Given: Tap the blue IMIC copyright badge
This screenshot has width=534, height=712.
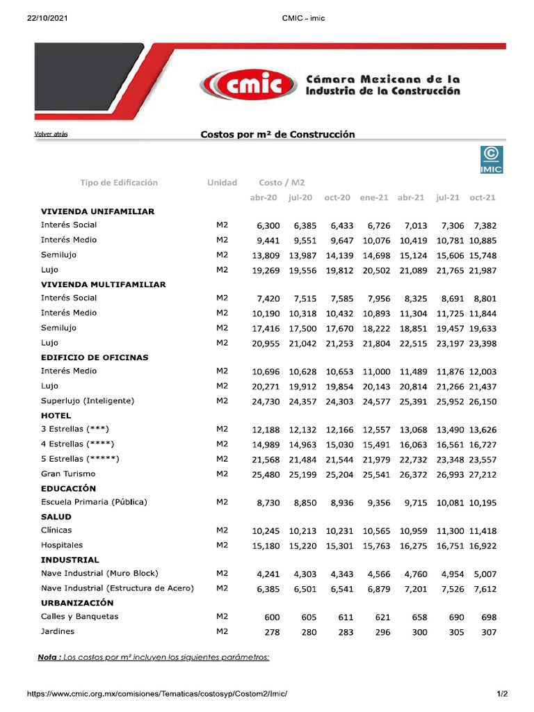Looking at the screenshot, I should (x=492, y=159).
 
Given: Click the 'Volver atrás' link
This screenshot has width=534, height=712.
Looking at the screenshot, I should (x=51, y=133).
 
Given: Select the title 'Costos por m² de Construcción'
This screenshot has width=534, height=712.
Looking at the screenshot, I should (x=277, y=134).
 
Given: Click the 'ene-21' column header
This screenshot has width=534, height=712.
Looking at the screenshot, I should (x=374, y=197).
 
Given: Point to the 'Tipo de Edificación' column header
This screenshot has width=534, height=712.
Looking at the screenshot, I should (x=119, y=183).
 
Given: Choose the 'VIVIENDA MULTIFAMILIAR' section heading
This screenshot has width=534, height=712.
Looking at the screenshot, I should (x=103, y=284).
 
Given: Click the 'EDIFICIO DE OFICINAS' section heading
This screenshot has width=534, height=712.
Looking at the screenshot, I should (x=95, y=357).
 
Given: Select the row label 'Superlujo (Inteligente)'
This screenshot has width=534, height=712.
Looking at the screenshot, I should (x=88, y=400).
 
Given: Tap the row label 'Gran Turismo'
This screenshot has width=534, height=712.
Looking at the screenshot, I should (x=68, y=474).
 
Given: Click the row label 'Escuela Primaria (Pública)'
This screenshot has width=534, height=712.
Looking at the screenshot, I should (x=94, y=502).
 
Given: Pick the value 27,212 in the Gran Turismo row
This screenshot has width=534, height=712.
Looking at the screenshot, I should (x=483, y=474).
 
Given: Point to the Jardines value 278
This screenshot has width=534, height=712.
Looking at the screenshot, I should (x=270, y=633).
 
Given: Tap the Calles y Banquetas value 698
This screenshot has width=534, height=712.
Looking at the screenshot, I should (x=489, y=617).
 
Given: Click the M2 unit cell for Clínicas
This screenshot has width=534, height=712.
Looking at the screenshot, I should (x=222, y=531).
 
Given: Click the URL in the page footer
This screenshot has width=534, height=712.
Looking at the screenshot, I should (x=156, y=694).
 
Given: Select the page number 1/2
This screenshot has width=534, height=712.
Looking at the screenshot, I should (x=502, y=694).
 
